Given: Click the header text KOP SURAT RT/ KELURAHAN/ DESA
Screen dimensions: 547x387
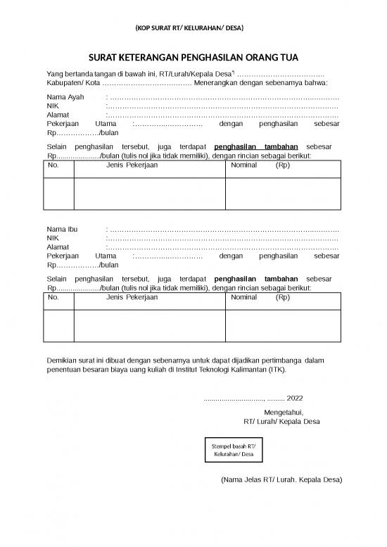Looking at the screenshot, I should [x=188, y=29].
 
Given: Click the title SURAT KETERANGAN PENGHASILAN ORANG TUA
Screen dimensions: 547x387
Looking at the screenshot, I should [x=193, y=59].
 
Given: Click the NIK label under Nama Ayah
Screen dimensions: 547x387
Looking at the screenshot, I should [x=53, y=106].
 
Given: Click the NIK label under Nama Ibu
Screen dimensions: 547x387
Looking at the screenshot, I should [x=53, y=239].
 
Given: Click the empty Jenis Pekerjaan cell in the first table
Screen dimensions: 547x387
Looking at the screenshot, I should [x=149, y=195].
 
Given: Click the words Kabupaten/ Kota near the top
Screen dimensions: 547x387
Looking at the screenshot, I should [x=68, y=82].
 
